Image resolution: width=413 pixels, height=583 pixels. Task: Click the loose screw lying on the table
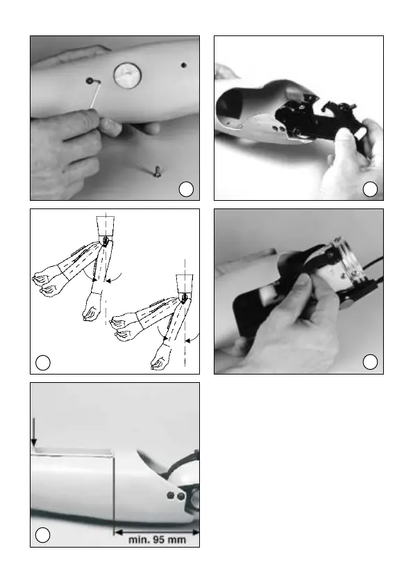(x=156, y=172)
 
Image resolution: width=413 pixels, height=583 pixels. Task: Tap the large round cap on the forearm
(x=128, y=76)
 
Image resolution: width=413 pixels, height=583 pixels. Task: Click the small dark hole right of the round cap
(x=183, y=65)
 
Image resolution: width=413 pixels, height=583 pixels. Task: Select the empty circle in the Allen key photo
(x=186, y=189)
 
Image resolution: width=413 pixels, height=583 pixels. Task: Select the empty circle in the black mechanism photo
(x=370, y=189)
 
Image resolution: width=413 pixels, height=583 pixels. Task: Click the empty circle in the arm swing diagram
(x=43, y=363)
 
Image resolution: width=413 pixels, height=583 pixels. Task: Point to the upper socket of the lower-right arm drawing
(x=185, y=284)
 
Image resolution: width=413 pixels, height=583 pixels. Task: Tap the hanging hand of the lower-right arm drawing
(x=160, y=356)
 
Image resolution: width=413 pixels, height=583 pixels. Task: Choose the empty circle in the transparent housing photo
(x=370, y=362)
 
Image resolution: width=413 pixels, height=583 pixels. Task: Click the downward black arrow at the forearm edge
(x=34, y=432)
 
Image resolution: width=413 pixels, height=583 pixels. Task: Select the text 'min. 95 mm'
(x=157, y=540)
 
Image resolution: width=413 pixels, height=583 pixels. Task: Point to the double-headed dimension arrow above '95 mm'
(x=156, y=532)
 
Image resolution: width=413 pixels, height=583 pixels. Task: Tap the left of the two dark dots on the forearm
(x=171, y=495)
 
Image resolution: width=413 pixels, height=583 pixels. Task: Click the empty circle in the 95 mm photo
(x=43, y=535)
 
